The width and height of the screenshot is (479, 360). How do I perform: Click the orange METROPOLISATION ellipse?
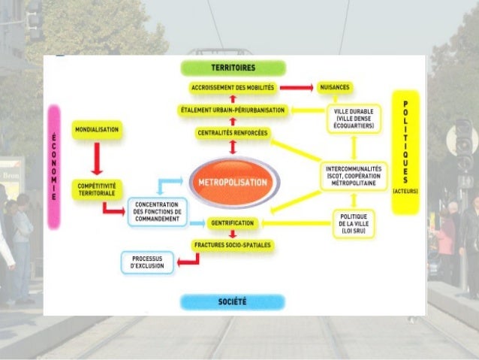[x=233, y=183]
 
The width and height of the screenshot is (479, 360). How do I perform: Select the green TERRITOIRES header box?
[x=232, y=68]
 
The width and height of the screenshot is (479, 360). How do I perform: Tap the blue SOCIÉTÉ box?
[x=233, y=301]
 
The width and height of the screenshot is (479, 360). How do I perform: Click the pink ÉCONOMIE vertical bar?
[x=54, y=166]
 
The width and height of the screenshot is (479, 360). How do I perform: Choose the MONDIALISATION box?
[x=97, y=130]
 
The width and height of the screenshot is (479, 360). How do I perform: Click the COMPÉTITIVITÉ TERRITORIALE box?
[x=97, y=188]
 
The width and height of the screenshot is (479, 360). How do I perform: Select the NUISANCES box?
[x=335, y=87]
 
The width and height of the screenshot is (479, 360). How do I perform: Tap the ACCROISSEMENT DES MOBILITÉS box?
[x=233, y=88]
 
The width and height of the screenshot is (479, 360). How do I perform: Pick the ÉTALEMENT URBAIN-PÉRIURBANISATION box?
[x=232, y=110]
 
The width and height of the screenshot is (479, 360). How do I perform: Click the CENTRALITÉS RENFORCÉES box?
[x=233, y=133]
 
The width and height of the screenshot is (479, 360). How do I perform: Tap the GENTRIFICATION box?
[x=233, y=223]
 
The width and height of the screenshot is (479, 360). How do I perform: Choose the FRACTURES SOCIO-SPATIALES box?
[x=233, y=245]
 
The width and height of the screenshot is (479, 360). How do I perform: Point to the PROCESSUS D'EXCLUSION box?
[x=148, y=262]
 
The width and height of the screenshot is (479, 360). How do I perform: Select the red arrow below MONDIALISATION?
[x=97, y=158]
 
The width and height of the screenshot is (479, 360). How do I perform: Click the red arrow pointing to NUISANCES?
[x=297, y=87]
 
